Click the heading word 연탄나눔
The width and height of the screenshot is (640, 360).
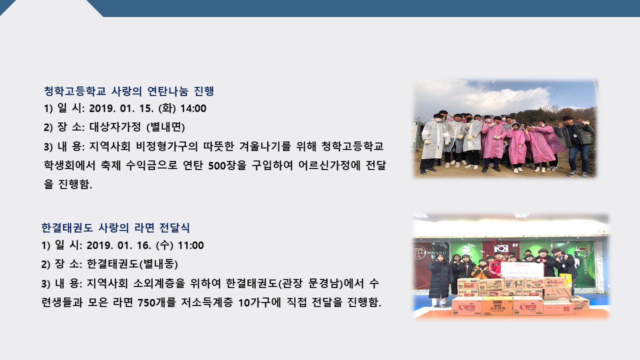pos(167,91)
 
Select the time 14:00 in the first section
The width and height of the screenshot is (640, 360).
pos(193,108)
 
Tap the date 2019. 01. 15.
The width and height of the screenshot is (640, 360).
pos(121,108)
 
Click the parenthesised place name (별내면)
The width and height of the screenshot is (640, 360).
pos(165,127)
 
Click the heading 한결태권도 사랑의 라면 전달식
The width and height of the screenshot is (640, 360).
pos(115,227)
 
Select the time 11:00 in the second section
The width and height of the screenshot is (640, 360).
pos(191,245)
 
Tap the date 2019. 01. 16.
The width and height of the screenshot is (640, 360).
pos(119,245)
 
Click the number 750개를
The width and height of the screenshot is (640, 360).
pos(156,302)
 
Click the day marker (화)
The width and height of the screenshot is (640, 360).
pos(167,108)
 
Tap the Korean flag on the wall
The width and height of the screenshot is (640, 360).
pos(500,247)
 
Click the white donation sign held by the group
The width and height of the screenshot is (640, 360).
pos(522,270)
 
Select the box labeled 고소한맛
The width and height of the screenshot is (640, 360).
pos(497,306)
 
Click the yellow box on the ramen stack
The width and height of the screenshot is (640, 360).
pos(566,280)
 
